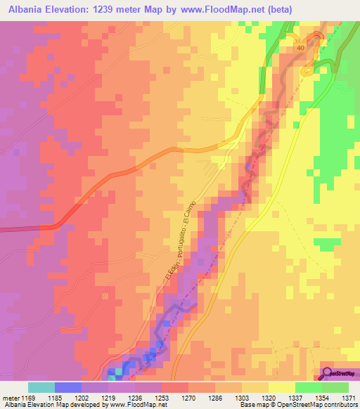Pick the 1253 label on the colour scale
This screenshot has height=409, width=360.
click(x=162, y=396)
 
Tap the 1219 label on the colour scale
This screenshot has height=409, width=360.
click(x=109, y=396)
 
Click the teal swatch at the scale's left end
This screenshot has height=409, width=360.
click(x=41, y=387)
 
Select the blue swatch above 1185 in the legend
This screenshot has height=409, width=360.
click(x=68, y=387)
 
